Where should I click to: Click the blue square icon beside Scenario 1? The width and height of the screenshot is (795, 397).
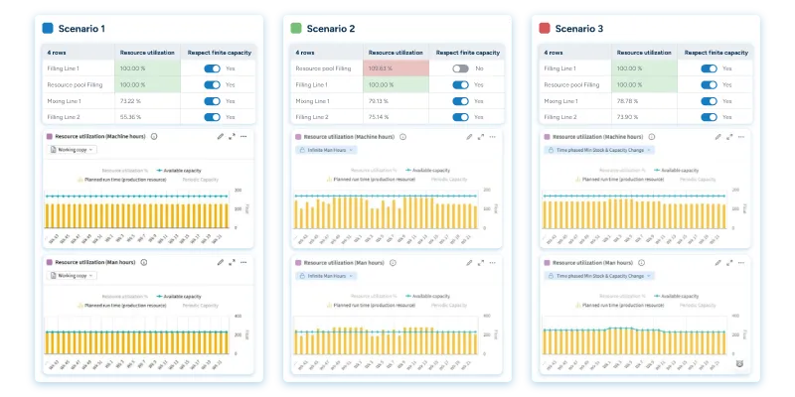48,29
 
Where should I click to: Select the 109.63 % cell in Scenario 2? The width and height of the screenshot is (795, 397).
381,68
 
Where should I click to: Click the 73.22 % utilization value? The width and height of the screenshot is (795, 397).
132,101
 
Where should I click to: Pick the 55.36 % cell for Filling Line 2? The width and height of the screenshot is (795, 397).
132,117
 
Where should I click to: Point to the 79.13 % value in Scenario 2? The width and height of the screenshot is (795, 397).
381,101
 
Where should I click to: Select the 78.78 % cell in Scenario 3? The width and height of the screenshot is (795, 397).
629,101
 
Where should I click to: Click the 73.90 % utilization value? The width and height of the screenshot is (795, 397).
629,117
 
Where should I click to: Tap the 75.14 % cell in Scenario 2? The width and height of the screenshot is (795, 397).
381,117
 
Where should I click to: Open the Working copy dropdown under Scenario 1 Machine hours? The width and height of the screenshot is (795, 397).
74,150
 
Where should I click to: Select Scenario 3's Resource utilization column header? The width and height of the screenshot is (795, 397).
642,52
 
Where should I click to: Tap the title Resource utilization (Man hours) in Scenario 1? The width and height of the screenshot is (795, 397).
96,262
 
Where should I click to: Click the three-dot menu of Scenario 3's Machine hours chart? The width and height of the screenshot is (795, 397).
739,136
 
